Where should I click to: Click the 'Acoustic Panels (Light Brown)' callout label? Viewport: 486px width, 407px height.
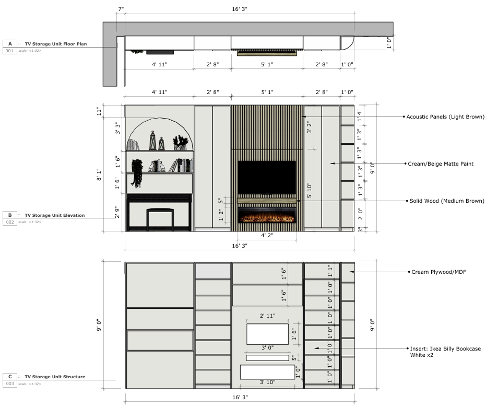click(445, 117)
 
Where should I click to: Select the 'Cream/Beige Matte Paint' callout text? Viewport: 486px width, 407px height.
click(440, 164)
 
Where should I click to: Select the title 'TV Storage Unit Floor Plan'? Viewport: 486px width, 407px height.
click(55, 44)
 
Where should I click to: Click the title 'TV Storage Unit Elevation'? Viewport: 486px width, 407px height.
click(54, 215)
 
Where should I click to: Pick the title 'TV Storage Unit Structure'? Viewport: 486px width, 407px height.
click(55, 376)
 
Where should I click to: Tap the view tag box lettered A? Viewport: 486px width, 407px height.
click(9, 44)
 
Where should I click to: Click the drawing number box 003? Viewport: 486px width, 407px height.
click(9, 383)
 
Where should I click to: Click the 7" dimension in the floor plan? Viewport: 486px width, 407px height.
click(121, 10)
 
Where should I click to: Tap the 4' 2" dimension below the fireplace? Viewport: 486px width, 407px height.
click(267, 236)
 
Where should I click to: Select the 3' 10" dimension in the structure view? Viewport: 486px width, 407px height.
click(267, 383)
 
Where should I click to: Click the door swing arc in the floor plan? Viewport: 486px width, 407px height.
click(348, 42)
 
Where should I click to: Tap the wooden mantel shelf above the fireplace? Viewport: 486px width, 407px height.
click(267, 200)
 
